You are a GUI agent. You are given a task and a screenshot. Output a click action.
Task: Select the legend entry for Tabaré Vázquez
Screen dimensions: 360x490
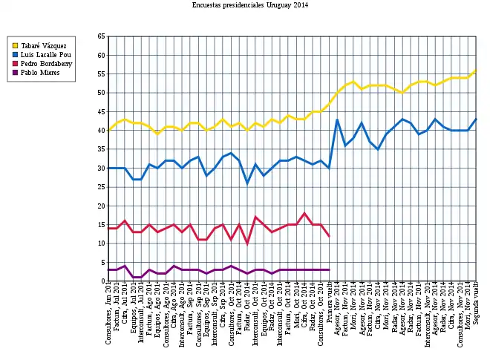44,46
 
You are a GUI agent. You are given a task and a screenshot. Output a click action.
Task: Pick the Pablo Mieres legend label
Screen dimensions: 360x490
40,73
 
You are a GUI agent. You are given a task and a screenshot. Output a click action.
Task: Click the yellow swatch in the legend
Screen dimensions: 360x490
14,46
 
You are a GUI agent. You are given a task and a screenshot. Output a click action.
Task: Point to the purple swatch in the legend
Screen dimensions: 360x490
14,73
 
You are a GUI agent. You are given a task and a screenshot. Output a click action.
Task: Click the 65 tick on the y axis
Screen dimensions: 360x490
101,36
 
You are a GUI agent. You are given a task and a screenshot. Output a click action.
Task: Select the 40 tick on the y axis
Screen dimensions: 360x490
101,131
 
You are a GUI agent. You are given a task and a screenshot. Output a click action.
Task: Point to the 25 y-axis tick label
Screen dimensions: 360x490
101,187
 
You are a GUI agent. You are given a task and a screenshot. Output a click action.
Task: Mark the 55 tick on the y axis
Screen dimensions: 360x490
101,73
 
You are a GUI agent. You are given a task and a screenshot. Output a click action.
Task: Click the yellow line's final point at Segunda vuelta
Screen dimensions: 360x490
476,71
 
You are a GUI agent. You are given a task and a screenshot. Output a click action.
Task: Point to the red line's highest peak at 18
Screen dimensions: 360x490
304,214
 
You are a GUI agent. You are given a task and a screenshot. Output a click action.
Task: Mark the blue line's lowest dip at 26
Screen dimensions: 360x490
247,183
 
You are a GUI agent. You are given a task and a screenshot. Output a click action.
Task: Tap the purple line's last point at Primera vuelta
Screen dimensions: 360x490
329,269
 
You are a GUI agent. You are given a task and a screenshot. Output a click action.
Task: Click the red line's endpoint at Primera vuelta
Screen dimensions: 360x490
329,236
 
